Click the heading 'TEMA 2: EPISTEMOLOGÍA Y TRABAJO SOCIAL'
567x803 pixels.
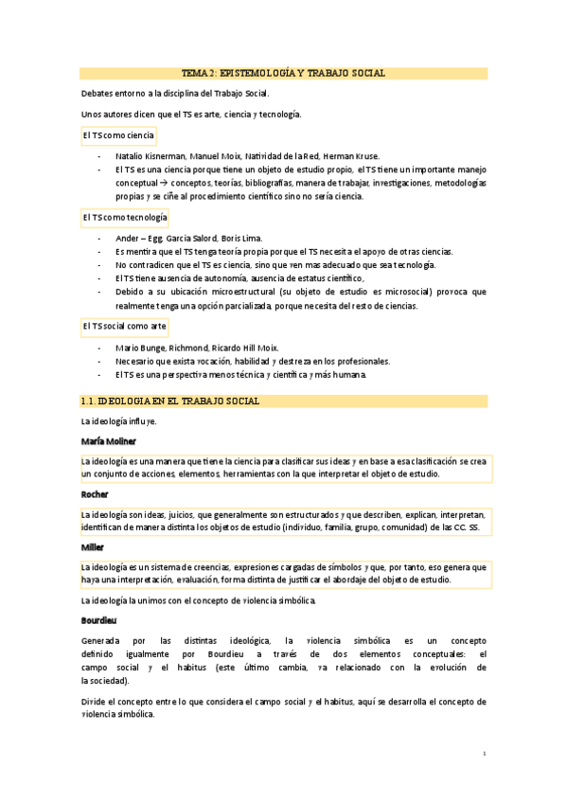pos(283,73)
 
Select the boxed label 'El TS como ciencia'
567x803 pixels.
pos(117,135)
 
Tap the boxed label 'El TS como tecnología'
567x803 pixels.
pos(124,218)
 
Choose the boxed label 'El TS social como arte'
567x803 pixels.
pos(124,326)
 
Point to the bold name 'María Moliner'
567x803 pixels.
pos(109,441)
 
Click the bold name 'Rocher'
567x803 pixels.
pos(95,494)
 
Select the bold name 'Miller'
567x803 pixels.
pos(93,547)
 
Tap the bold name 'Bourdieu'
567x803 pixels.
pos(100,620)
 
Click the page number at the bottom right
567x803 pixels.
pos(484,754)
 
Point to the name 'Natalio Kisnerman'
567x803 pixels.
pos(150,155)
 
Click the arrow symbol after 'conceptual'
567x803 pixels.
pos(164,183)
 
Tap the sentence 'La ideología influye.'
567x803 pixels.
pos(118,421)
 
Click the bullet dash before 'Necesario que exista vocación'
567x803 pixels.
pos(99,361)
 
